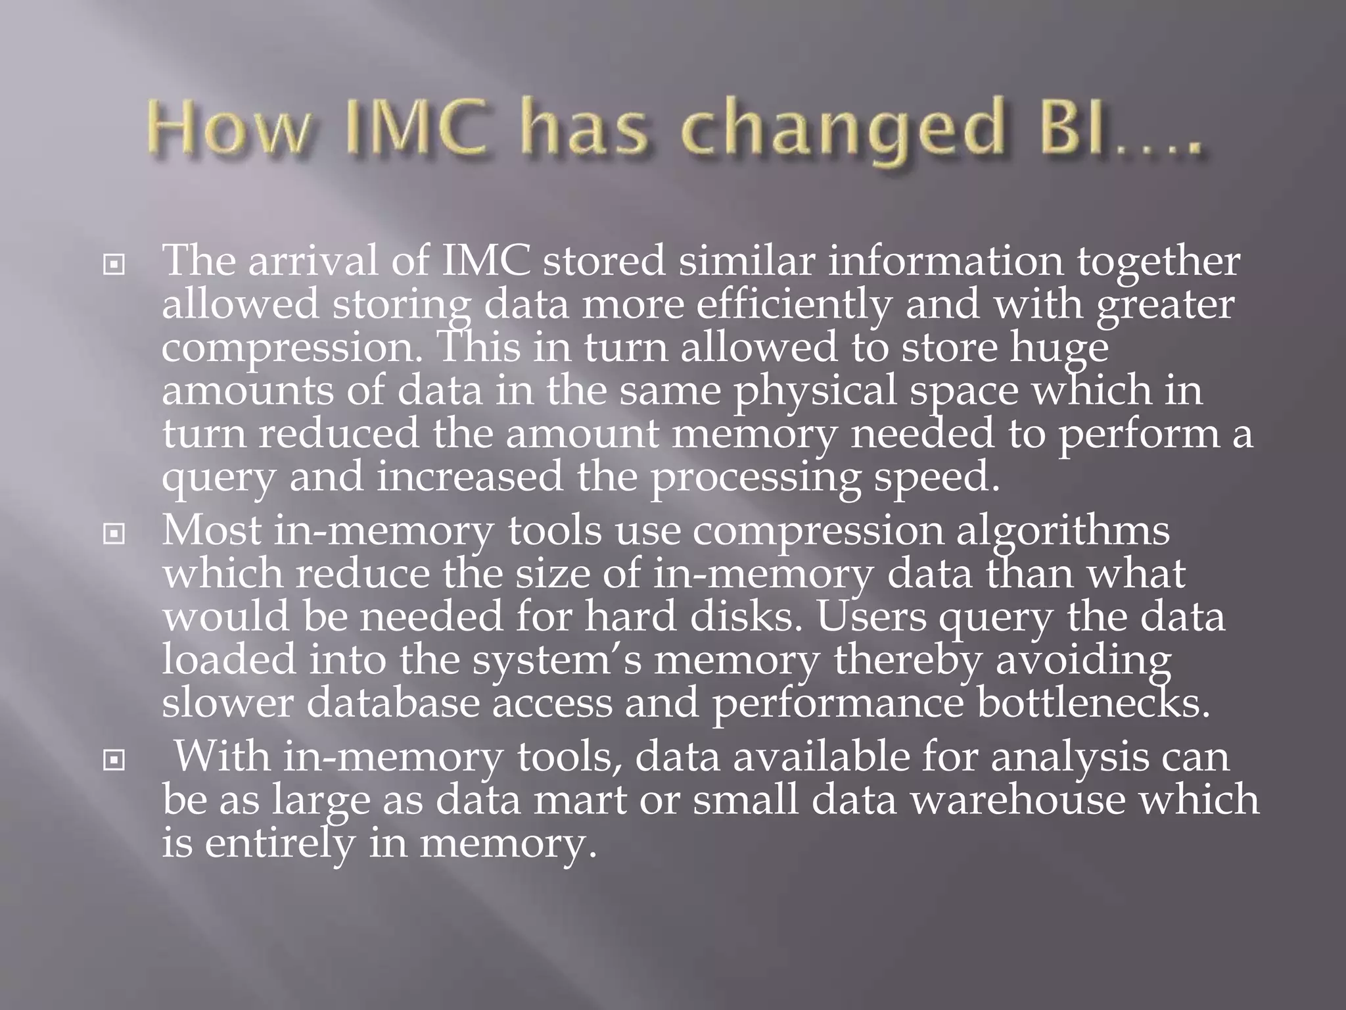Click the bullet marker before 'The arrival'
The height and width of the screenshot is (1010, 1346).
114,266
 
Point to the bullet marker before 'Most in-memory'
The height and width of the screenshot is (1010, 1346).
114,535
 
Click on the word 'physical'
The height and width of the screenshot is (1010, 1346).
815,391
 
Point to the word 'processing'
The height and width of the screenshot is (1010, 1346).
756,477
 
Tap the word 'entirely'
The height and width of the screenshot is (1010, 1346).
279,843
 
